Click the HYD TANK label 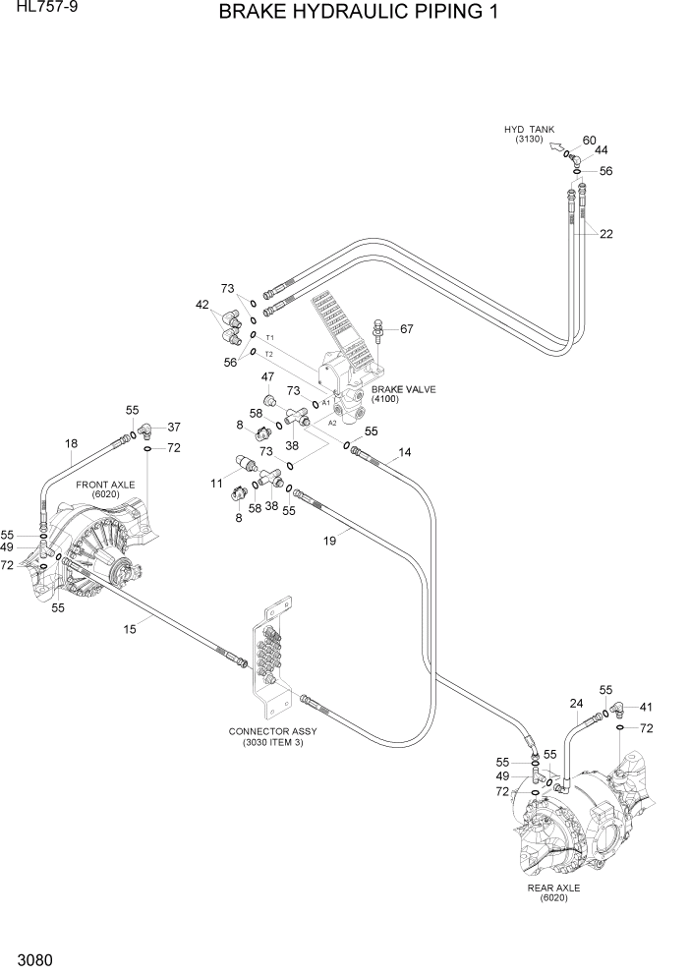(x=530, y=130)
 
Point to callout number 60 (x=590, y=141)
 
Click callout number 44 (x=602, y=151)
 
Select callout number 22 (x=606, y=234)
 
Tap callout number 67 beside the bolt (x=406, y=329)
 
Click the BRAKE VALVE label (x=403, y=389)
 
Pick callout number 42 (x=203, y=305)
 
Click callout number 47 (x=267, y=376)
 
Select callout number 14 (x=405, y=453)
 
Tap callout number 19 (x=330, y=541)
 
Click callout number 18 (x=71, y=443)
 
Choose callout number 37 (x=174, y=428)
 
